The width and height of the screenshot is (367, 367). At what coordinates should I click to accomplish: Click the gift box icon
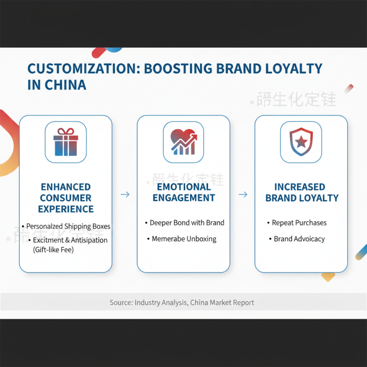(66, 142)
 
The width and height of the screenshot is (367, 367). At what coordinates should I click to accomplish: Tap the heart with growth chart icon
(183, 142)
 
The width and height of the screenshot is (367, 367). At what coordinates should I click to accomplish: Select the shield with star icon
(301, 142)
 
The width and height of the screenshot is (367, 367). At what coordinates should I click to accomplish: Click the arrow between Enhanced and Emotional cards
(125, 195)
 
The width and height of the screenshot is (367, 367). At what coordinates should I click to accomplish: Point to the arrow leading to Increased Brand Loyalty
(243, 195)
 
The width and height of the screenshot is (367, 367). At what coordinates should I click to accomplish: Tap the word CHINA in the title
(65, 85)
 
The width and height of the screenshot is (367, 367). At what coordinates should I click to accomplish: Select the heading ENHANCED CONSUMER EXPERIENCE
(66, 198)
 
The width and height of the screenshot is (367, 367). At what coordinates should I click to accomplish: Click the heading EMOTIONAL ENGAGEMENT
(183, 192)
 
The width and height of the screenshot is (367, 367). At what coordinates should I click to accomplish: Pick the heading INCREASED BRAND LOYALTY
(301, 193)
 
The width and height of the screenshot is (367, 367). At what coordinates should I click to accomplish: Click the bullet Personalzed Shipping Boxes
(68, 226)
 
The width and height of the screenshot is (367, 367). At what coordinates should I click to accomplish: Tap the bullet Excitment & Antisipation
(70, 240)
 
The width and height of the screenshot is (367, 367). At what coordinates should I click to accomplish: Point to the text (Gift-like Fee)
(53, 250)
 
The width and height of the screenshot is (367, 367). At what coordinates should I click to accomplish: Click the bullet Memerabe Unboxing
(184, 239)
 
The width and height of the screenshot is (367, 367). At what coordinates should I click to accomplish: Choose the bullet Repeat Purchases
(299, 223)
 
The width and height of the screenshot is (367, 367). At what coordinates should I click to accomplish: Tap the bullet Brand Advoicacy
(299, 239)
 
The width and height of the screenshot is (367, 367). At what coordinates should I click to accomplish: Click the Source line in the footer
(182, 303)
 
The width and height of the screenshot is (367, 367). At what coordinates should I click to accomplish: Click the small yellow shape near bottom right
(328, 276)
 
